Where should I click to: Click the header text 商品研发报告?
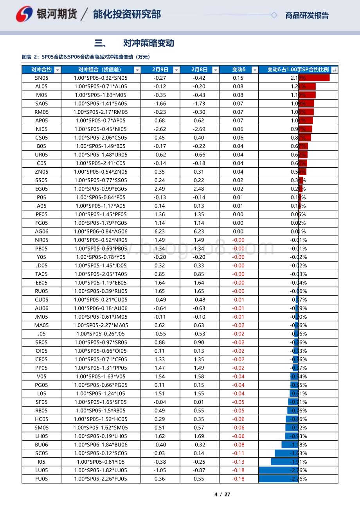pos(307,16)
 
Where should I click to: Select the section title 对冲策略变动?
pos(148,43)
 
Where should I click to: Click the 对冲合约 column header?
pos(41,70)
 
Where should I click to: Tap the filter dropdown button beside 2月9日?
pos(176,70)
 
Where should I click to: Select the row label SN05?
pos(41,78)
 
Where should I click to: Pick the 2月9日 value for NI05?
pos(160,129)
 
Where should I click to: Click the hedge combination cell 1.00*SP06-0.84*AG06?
pos(101,231)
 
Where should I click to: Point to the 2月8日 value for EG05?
pos(199,189)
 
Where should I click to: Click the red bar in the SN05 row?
pos(314,78)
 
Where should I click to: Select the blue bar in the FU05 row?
pos(279,479)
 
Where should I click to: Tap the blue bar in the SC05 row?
pos(286,453)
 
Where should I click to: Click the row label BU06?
pos(41,445)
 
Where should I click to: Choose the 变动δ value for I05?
pos(238,462)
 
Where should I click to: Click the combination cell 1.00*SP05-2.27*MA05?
pos(101,325)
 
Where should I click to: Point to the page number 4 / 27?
pos(222,494)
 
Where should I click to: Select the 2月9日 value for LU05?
pos(160,470)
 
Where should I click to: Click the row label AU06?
pos(41,308)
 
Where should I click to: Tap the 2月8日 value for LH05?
pos(199,436)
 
